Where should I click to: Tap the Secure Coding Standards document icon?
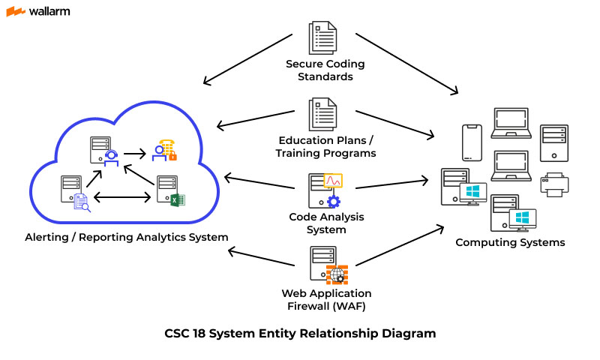(323, 37)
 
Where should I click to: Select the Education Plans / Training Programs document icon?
(323, 114)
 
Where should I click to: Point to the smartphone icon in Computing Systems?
(471, 141)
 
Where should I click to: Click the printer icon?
(553, 184)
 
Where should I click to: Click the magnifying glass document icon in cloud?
(81, 202)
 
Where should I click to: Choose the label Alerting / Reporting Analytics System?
(125, 237)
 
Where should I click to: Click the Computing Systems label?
(510, 242)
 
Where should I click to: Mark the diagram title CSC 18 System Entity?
(300, 333)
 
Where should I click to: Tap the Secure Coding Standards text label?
(319, 70)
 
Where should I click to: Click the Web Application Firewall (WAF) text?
(326, 299)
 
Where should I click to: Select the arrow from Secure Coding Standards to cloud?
(247, 58)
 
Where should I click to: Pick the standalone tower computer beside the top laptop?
(553, 142)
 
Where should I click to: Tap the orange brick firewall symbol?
(337, 274)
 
